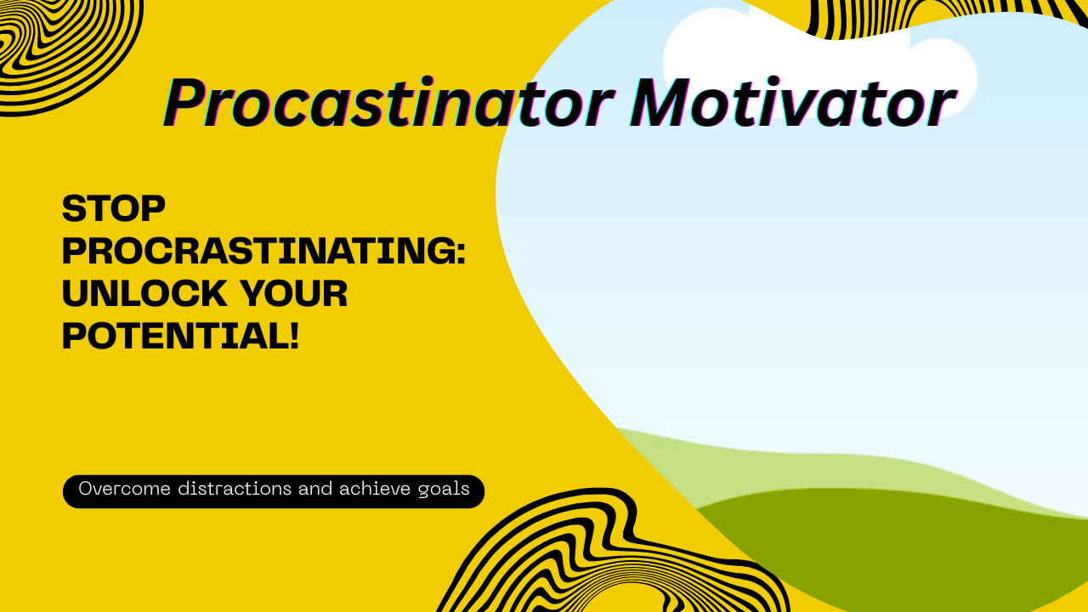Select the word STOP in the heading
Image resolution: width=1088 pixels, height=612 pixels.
pyautogui.click(x=113, y=209)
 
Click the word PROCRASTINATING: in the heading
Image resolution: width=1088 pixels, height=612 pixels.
pyautogui.click(x=263, y=252)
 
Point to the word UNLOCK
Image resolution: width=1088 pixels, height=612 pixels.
pyautogui.click(x=144, y=294)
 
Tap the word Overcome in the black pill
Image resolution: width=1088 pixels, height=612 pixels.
pyautogui.click(x=125, y=490)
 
